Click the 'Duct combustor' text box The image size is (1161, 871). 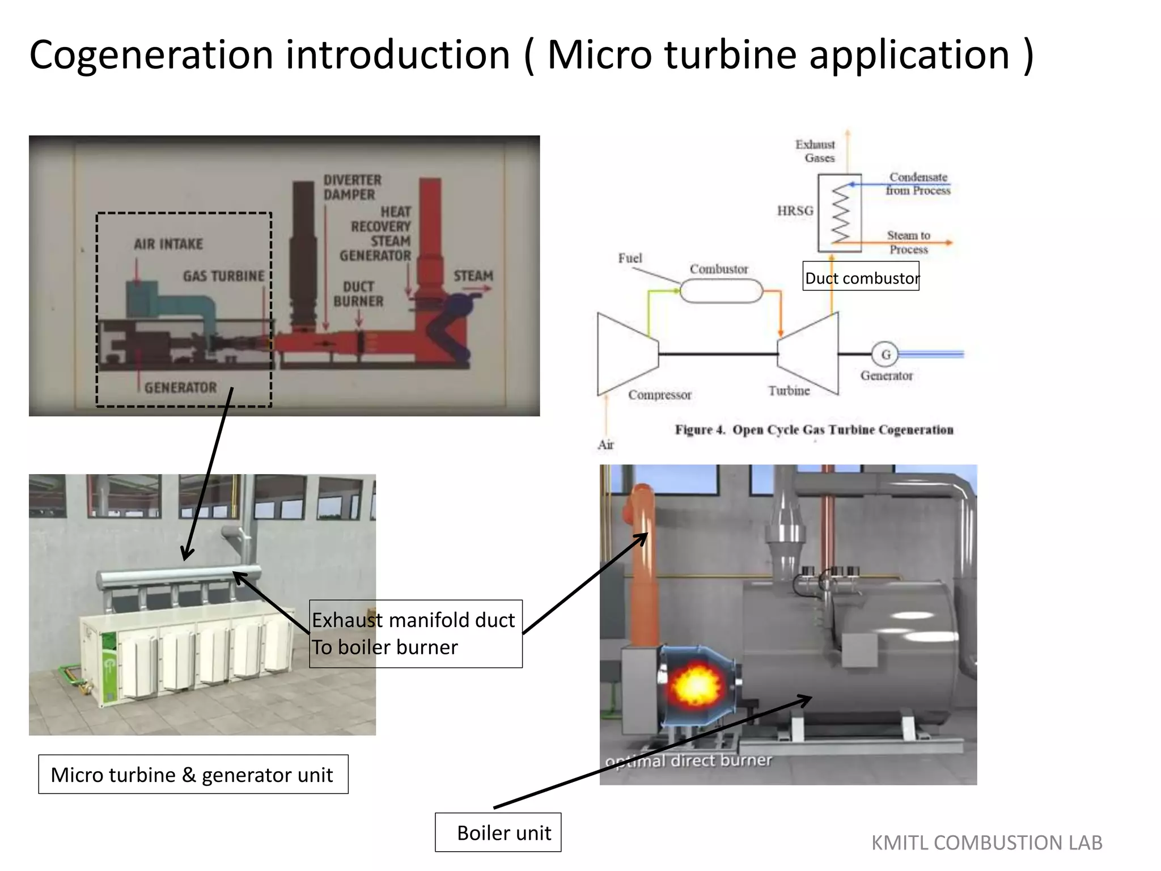point(861,277)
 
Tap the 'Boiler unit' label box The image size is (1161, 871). point(498,832)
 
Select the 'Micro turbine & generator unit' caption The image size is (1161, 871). point(193,774)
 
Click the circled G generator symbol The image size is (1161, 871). point(885,354)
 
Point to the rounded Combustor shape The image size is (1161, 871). point(721,291)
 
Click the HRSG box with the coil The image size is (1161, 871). point(840,213)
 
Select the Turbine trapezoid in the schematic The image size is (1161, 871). point(809,354)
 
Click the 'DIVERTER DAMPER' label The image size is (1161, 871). point(352,187)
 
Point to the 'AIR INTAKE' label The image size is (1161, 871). point(168,244)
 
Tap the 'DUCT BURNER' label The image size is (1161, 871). point(358,294)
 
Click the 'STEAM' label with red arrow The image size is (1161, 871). point(473,276)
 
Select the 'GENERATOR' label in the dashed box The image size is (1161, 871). point(180,387)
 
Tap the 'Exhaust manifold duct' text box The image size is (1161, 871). point(416,633)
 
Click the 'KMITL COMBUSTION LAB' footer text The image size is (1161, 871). point(986,843)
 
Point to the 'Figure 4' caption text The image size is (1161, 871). point(813,430)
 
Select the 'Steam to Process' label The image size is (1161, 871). point(908,242)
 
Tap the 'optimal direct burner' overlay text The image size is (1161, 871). point(688,760)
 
